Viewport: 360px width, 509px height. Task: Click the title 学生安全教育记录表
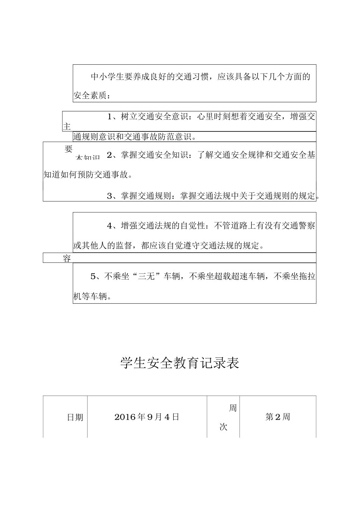(x=180, y=363)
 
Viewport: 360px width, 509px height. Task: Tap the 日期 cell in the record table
(x=75, y=417)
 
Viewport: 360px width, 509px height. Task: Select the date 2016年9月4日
(x=147, y=417)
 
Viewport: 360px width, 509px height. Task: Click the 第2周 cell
(x=278, y=417)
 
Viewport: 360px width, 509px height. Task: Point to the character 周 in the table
(x=233, y=408)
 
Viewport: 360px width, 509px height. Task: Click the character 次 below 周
(x=224, y=427)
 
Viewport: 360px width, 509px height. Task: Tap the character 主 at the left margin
(x=67, y=127)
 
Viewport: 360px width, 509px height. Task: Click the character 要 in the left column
(x=69, y=149)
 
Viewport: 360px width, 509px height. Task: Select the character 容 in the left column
(x=67, y=259)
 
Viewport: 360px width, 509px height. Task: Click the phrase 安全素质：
(x=92, y=96)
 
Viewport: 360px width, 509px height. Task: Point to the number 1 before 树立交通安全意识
(x=110, y=117)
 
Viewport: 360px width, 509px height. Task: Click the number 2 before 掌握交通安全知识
(x=110, y=155)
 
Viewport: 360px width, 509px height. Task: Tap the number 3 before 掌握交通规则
(x=110, y=196)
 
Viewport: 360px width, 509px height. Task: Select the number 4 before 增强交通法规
(x=110, y=226)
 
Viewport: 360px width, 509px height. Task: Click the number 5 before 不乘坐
(x=93, y=276)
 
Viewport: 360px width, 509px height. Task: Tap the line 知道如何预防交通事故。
(x=88, y=175)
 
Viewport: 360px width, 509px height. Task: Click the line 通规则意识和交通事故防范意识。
(x=135, y=137)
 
